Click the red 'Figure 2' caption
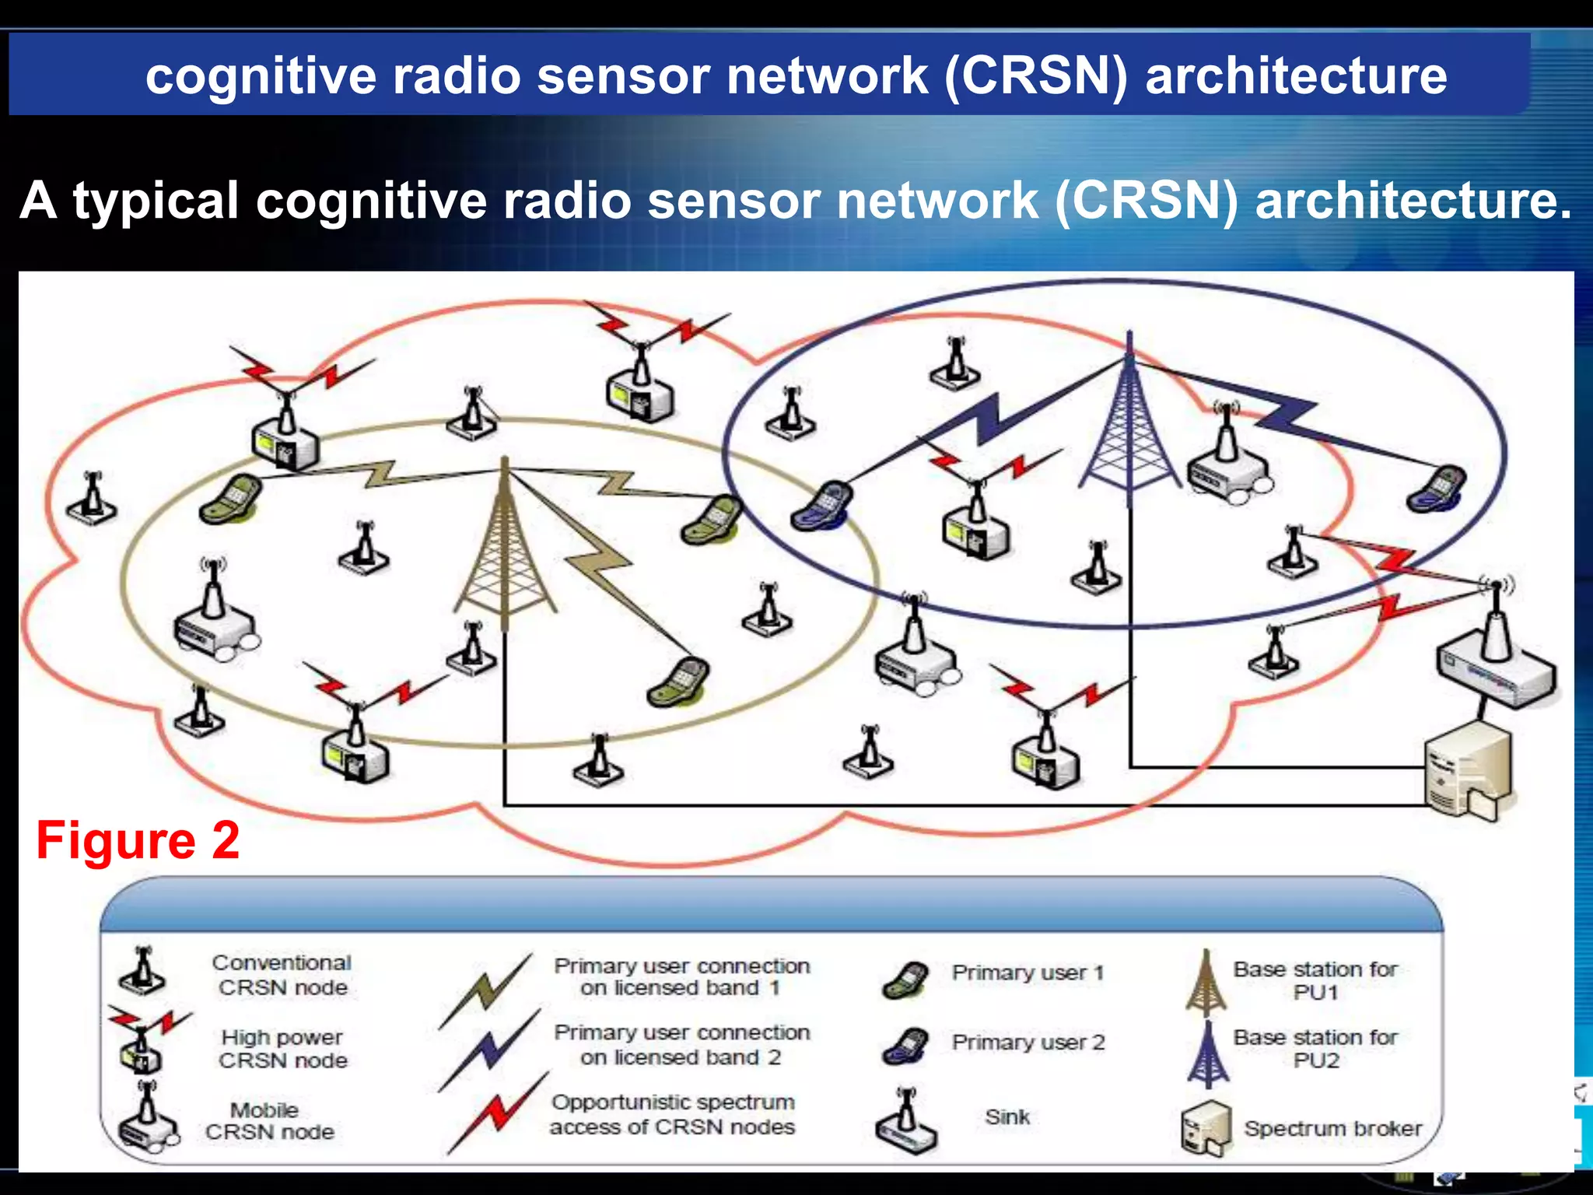[138, 840]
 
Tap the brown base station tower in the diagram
[506, 545]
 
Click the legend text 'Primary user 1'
[1028, 972]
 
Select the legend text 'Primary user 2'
[1028, 1043]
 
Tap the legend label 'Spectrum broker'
[1332, 1128]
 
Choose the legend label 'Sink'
[1007, 1117]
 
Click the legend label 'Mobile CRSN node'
[269, 1120]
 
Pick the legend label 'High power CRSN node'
[282, 1049]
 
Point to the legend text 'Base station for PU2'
[1315, 1048]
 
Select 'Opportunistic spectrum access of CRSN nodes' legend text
[672, 1114]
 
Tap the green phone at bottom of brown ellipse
[679, 682]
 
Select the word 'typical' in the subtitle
[156, 201]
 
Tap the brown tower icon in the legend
[1205, 983]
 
